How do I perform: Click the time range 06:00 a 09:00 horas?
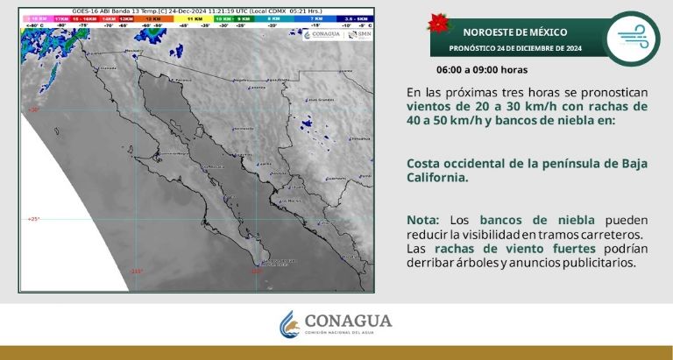(483, 68)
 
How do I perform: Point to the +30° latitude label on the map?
(33, 110)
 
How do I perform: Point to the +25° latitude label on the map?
(33, 219)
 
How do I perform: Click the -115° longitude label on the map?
(136, 272)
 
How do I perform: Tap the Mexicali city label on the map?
(133, 52)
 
